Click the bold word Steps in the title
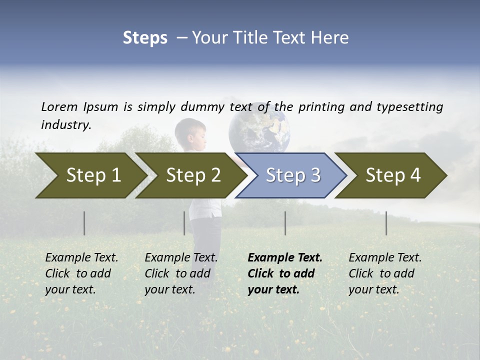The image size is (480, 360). (x=145, y=38)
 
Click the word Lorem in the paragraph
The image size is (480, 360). (x=59, y=106)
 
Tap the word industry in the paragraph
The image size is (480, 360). (x=65, y=125)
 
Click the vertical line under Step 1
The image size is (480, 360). (x=84, y=223)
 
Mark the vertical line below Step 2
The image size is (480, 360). (x=184, y=223)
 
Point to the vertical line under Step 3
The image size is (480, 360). (x=285, y=223)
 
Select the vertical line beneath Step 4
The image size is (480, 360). (x=386, y=223)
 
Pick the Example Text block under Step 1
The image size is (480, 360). (x=81, y=273)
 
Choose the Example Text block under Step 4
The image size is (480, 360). (x=385, y=273)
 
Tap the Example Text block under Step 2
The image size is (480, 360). (x=181, y=273)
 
